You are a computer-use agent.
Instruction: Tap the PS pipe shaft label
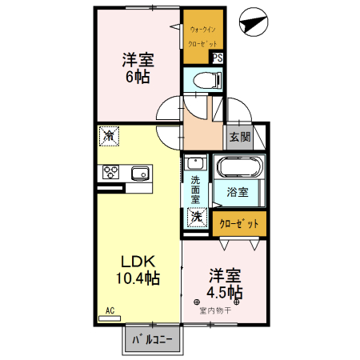click(x=217, y=58)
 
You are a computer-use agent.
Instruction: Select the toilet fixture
click(x=203, y=79)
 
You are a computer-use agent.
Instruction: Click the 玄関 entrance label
click(x=239, y=136)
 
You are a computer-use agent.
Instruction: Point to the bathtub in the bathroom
click(x=239, y=168)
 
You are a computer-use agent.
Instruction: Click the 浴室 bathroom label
click(x=237, y=192)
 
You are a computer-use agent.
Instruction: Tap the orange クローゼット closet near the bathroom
click(x=239, y=223)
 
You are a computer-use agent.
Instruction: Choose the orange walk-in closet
click(x=204, y=36)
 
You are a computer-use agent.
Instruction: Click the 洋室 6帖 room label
click(x=138, y=69)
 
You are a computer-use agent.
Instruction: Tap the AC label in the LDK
click(x=110, y=310)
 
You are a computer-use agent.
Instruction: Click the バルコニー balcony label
click(x=152, y=340)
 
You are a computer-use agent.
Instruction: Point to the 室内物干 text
click(x=215, y=310)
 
